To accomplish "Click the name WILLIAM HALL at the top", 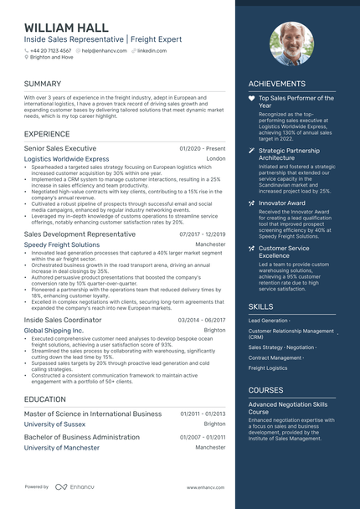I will coord(66,28).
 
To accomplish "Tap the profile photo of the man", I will coord(291,44).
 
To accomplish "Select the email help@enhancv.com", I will coord(104,50).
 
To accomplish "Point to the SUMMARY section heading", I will coord(43,85).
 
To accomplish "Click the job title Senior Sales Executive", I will coord(60,147).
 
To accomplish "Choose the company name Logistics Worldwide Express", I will coord(66,158).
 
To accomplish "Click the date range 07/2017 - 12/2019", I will coord(202,234).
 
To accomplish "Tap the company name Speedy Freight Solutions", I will coord(61,245).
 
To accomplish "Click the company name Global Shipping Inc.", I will coord(54,331).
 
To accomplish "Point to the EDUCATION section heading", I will coord(45,399).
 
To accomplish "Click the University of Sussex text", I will coord(54,424).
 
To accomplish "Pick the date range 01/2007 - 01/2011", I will coord(202,437).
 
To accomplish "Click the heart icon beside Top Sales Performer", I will coord(251,99).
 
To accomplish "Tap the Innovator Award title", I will coord(283,203).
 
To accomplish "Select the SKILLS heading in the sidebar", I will coord(261,307).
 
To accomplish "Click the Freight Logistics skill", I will coord(268,368).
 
